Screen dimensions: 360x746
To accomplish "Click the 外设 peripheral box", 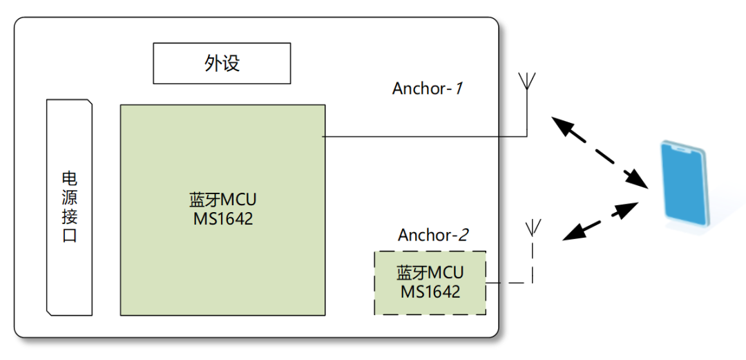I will point(221,64).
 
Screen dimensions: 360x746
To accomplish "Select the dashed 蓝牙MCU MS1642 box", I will point(430,283).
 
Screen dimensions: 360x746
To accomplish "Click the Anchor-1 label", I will point(427,88).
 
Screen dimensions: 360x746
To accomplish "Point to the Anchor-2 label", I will point(433,235).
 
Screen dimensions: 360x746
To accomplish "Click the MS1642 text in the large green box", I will point(222,219).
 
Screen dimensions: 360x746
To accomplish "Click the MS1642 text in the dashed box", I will point(430,292).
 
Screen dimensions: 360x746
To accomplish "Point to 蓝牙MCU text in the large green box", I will point(222,200).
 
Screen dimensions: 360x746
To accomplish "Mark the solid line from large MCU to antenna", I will point(425,136).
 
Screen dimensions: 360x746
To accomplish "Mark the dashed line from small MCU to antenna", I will point(508,283).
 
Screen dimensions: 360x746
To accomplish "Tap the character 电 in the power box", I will point(69,178).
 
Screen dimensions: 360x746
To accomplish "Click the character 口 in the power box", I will point(69,236).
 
